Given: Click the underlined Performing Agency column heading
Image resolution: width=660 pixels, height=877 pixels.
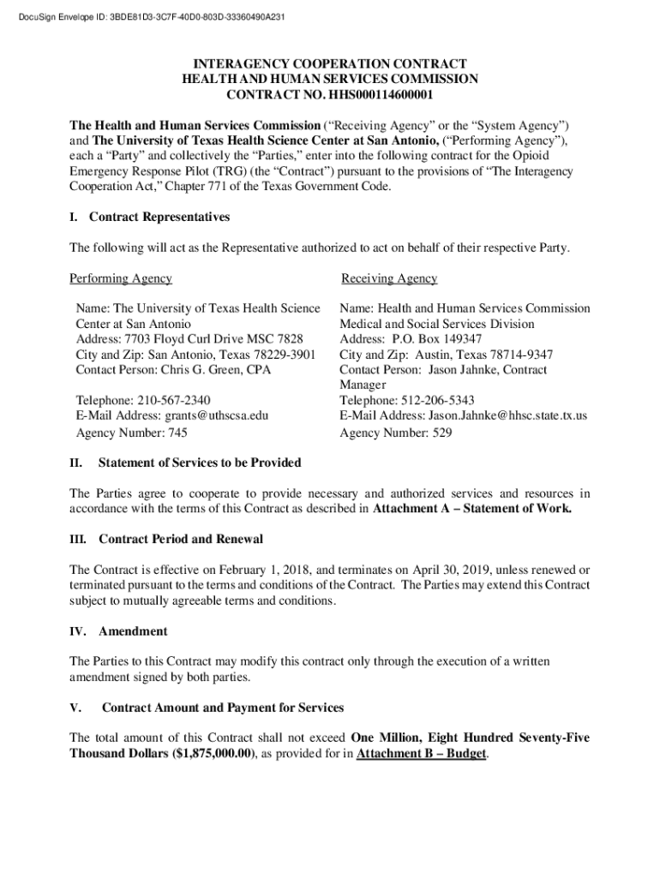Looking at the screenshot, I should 120,278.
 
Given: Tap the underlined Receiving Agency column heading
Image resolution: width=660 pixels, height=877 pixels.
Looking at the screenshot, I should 389,278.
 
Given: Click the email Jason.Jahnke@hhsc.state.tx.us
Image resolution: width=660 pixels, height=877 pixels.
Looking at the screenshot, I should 507,415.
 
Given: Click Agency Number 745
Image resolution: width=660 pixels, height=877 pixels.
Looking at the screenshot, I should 132,433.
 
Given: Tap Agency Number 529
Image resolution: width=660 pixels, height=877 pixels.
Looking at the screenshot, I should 395,433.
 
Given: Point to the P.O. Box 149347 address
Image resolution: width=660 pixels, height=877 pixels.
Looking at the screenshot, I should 440,339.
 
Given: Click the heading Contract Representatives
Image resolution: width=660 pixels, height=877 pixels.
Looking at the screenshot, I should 159,217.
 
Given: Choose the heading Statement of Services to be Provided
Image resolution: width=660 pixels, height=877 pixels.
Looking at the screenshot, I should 200,462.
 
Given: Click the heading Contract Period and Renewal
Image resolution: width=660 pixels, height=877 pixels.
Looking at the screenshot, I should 181,540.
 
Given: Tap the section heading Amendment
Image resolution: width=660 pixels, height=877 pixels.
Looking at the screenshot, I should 133,631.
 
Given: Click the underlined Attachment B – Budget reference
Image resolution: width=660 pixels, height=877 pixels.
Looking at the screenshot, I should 421,754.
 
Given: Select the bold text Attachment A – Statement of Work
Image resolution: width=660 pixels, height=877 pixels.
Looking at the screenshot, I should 472,509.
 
